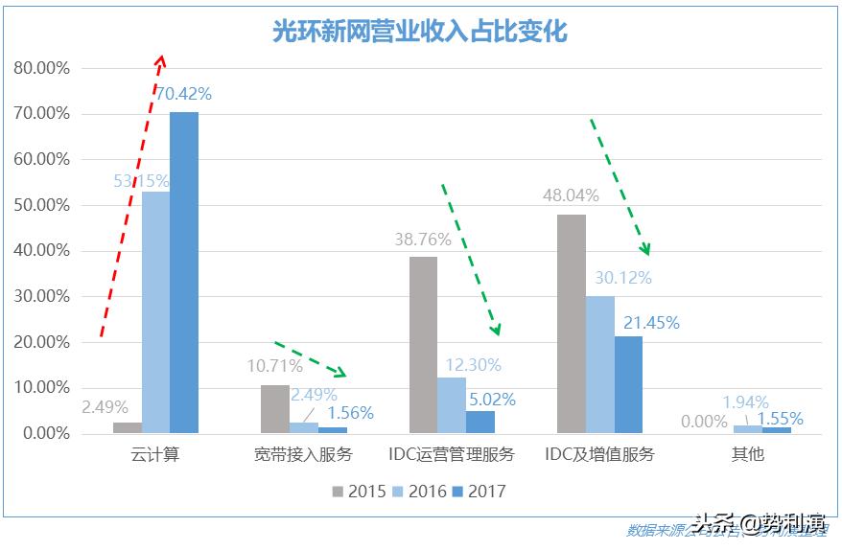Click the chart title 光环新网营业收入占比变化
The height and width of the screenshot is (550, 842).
(420, 32)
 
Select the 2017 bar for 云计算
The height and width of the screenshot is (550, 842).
(184, 273)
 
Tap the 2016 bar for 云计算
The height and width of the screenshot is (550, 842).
(155, 312)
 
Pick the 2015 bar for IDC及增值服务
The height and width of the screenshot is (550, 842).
(572, 324)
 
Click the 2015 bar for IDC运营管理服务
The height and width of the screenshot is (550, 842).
(423, 345)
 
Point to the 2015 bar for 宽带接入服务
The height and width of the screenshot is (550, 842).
(275, 409)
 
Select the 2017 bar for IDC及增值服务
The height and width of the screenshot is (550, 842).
(628, 384)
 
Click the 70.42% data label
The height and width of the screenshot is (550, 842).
(183, 94)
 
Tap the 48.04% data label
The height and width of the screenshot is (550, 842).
(572, 195)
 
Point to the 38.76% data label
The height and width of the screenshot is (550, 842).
(423, 239)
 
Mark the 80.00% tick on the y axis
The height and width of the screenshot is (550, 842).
(42, 68)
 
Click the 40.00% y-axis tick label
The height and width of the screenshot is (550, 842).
(42, 251)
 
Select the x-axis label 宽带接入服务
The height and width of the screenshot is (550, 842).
(304, 454)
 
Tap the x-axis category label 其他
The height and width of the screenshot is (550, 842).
(747, 454)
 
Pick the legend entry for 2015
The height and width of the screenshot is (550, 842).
(360, 492)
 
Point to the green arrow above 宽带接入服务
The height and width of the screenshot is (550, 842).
(310, 357)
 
